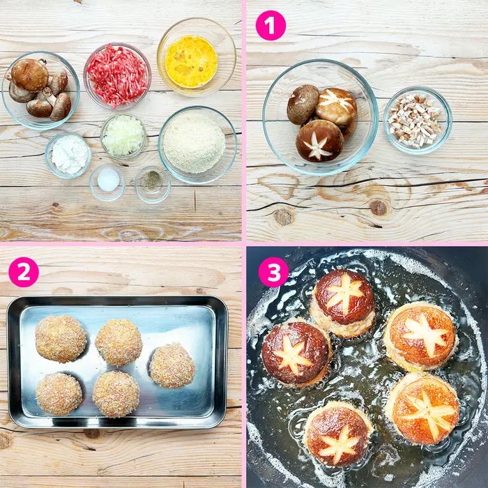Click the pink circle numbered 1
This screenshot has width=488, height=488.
point(270,26)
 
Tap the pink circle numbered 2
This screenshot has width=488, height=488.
point(24,272)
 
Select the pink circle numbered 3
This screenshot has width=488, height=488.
point(273,272)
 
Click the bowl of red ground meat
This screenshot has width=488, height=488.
point(117,76)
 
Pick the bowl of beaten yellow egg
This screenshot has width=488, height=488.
point(197,57)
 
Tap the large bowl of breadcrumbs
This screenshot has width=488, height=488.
point(198,145)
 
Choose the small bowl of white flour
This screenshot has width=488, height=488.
point(68,155)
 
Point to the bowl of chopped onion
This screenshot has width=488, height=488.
point(123,136)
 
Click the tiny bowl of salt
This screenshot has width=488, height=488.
point(107,183)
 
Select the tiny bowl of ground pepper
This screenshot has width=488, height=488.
point(152,184)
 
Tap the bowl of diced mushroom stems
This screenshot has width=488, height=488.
point(418,121)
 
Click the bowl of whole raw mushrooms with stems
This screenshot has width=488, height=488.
point(40,90)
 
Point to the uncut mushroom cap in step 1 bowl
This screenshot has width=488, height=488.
point(303,105)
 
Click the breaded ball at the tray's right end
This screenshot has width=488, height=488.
point(172,366)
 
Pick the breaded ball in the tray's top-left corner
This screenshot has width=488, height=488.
point(61,339)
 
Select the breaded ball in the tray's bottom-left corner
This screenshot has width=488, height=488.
point(59,394)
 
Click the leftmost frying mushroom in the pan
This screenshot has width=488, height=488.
point(296,354)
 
